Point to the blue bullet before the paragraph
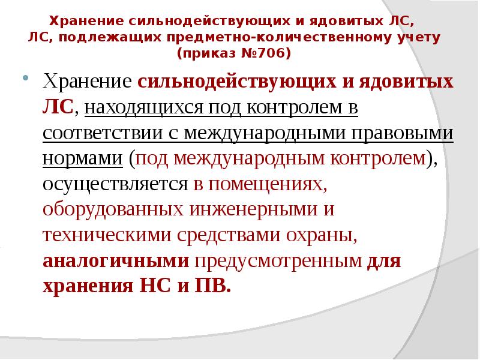(25, 79)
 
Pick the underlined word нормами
(83, 158)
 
